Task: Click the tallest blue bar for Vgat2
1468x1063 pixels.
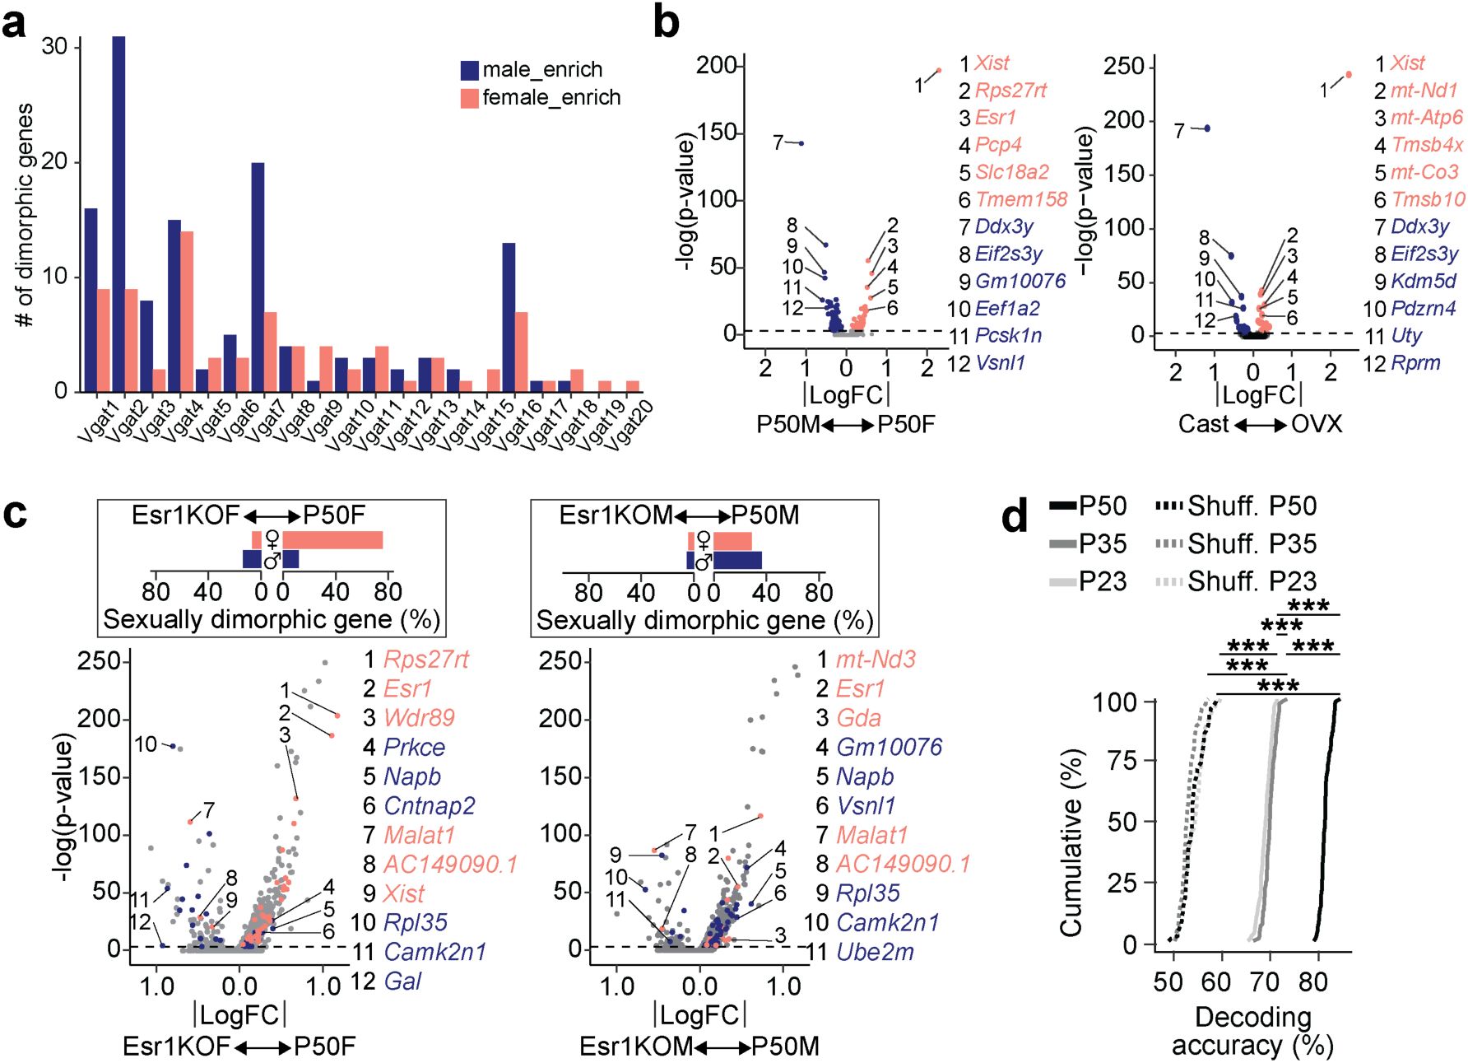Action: pyautogui.click(x=118, y=214)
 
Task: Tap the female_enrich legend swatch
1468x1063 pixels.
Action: pyautogui.click(x=469, y=98)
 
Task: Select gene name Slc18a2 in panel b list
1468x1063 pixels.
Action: pyautogui.click(x=1012, y=172)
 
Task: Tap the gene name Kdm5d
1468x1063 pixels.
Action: pyautogui.click(x=1424, y=281)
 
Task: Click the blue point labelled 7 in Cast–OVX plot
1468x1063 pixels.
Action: pyautogui.click(x=1207, y=128)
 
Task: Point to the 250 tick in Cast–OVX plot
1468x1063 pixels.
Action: pyautogui.click(x=1123, y=66)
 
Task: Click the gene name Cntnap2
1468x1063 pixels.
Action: pyautogui.click(x=430, y=805)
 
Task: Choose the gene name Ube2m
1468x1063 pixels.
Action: pyautogui.click(x=875, y=952)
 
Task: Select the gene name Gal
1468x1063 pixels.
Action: pyautogui.click(x=403, y=981)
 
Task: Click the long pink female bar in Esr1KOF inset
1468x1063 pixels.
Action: pyautogui.click(x=332, y=540)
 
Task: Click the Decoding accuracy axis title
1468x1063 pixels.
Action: pyautogui.click(x=1252, y=1031)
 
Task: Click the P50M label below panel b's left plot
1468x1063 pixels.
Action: pyautogui.click(x=787, y=424)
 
